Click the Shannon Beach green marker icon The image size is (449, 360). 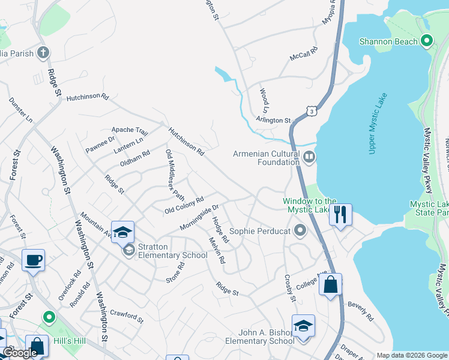coord(427,41)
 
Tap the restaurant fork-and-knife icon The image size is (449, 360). coord(340,214)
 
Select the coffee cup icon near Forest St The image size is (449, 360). coord(33,260)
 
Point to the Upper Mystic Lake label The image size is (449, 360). coord(378,124)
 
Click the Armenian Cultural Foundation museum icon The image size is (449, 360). coord(309,158)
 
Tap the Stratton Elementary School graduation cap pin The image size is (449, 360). coord(122,232)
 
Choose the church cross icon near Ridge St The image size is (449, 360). coord(43,53)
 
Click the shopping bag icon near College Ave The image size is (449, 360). coord(330,284)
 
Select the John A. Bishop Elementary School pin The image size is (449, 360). coord(303,326)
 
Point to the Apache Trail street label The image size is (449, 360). coord(130,130)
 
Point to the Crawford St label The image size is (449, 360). coord(127,316)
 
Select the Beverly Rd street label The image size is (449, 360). coord(361,311)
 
